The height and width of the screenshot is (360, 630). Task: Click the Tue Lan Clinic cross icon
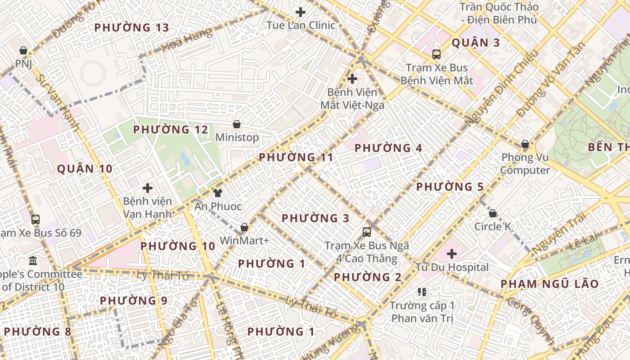(x=301, y=12)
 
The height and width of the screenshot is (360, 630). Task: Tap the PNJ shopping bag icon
(x=23, y=50)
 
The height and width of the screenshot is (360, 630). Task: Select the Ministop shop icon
(x=237, y=124)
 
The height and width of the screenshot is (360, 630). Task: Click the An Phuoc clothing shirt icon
(x=218, y=193)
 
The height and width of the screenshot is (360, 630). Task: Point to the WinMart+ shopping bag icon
(x=244, y=227)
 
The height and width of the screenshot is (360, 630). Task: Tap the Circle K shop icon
(x=493, y=213)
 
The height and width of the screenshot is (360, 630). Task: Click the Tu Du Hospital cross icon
(x=452, y=254)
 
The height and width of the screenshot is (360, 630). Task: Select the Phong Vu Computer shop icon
(x=525, y=144)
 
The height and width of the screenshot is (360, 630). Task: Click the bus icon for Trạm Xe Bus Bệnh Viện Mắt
(x=436, y=54)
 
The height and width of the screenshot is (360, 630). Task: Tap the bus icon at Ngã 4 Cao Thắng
(x=367, y=232)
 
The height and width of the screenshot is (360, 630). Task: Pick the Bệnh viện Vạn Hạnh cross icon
(x=148, y=188)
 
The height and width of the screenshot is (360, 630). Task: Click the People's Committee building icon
(x=33, y=261)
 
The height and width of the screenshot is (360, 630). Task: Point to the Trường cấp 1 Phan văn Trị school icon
(x=422, y=292)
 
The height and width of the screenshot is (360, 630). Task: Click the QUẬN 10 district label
(x=85, y=169)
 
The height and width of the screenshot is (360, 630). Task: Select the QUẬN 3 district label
(x=476, y=43)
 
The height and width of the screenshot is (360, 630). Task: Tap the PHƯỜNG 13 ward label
(x=131, y=27)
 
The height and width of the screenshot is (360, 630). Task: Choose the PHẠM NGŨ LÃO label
(x=549, y=284)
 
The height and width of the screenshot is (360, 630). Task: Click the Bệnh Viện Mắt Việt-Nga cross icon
(x=352, y=79)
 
